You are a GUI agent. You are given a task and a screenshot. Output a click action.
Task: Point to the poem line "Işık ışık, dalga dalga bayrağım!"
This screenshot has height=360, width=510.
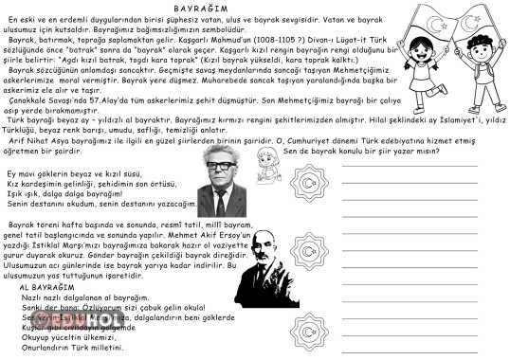coord(66,193)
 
